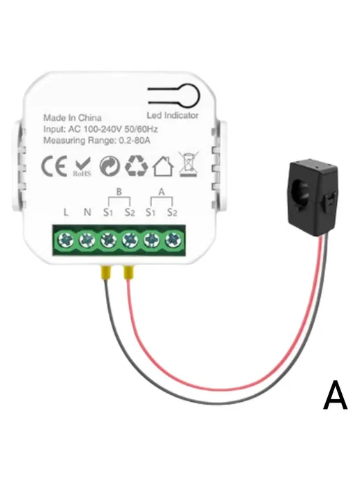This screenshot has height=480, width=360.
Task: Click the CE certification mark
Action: click(54, 166)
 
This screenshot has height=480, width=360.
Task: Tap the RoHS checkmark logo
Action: click(82, 167)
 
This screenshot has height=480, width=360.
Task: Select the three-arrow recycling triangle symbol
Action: click(136, 165)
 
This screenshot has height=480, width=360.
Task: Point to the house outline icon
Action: click(163, 166)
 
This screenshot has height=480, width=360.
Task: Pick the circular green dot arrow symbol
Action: click(110, 166)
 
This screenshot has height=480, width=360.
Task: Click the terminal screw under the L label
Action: click(66, 240)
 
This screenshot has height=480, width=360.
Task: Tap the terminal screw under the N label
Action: click(87, 240)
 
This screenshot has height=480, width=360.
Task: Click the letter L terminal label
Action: click(66, 212)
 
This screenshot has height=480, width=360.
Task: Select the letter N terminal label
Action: click(87, 212)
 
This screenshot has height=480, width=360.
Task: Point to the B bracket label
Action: click(119, 192)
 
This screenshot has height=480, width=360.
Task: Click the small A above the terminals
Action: click(162, 192)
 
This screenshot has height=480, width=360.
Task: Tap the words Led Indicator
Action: click(172, 115)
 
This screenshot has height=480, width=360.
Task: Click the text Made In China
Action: click(73, 118)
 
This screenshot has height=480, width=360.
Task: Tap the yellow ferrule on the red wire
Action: click(128, 272)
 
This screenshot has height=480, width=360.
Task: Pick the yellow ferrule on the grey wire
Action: click(105, 272)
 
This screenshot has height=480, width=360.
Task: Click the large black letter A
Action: click(336, 395)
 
